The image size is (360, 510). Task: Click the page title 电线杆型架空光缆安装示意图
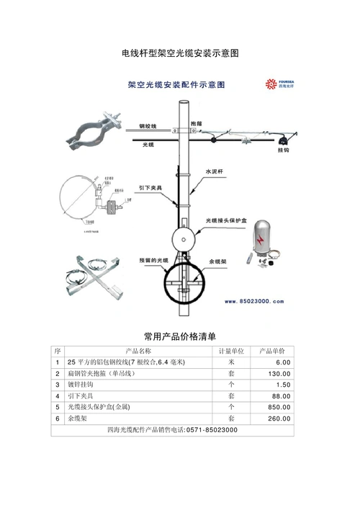[x=180, y=54]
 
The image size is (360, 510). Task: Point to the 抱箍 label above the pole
[x=197, y=125]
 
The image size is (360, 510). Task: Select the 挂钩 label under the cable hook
[x=284, y=151]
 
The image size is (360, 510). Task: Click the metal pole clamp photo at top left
[x=90, y=130]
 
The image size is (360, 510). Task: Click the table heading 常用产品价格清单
[x=180, y=336]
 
